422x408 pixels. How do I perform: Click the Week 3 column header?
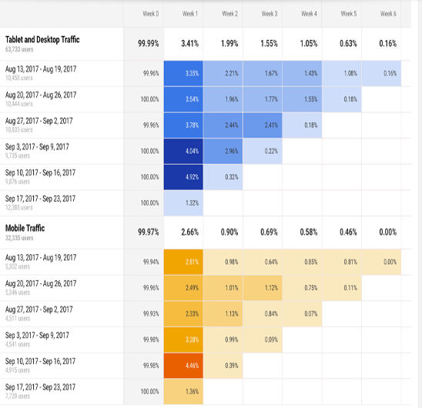tap(270, 14)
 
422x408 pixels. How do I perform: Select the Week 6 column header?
tap(388, 14)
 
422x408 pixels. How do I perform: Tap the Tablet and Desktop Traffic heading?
tap(42, 39)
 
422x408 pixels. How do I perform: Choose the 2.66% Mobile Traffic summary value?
tap(190, 232)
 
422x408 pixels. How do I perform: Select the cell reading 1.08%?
tap(349, 73)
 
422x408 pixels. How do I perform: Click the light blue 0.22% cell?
tap(270, 151)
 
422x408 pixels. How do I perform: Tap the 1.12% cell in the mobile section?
tap(270, 288)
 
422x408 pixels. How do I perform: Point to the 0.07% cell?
tap(310, 314)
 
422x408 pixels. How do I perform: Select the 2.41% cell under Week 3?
tap(270, 125)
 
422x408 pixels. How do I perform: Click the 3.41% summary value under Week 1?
tap(190, 44)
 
